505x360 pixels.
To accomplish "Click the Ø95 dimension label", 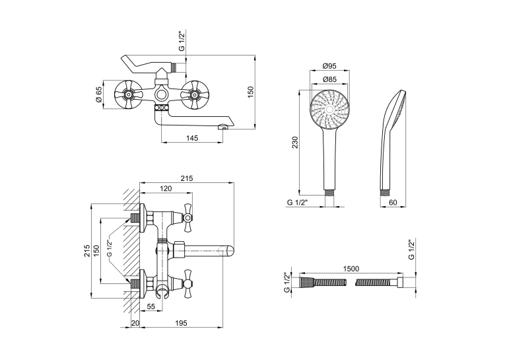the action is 329,66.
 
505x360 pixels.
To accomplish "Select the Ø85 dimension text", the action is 329,79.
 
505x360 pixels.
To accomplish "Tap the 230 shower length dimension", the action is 295,142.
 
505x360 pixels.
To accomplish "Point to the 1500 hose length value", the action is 351,268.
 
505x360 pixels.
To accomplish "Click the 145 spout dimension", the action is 192,138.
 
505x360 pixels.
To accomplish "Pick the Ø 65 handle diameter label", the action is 99,94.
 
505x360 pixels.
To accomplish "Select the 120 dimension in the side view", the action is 166,188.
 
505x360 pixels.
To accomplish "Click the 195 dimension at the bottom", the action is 181,323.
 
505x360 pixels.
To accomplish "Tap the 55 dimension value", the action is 151,306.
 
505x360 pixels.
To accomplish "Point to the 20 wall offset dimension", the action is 135,323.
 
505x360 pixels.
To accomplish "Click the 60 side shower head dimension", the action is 393,202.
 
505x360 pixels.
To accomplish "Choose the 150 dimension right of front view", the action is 251,92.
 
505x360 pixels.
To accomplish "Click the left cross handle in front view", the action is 128,94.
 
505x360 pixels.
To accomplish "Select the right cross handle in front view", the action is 194,94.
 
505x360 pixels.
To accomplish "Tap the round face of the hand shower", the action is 329,110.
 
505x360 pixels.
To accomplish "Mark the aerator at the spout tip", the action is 222,127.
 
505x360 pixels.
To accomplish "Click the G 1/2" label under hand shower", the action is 298,202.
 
